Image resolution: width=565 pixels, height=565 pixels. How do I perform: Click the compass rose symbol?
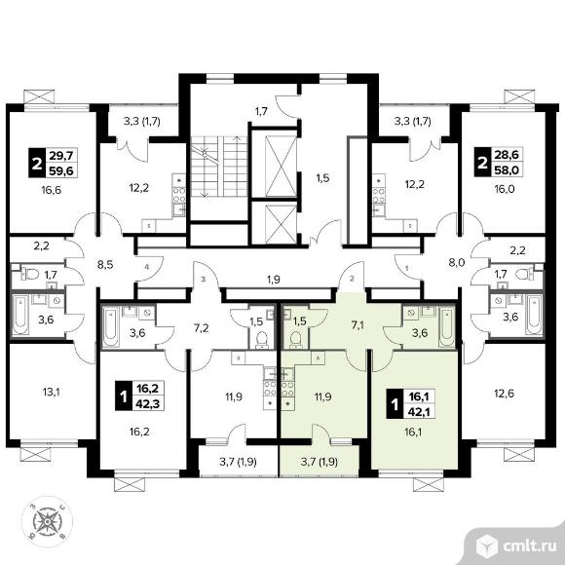(47, 521)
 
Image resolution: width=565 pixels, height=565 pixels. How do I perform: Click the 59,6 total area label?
(61, 170)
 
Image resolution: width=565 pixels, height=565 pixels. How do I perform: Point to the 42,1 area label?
(420, 411)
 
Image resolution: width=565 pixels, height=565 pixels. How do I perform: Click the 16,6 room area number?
(52, 190)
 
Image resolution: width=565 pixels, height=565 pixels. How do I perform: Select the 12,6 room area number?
(504, 394)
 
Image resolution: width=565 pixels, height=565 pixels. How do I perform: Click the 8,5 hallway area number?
(105, 265)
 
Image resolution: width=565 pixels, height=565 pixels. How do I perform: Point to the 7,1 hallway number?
(358, 326)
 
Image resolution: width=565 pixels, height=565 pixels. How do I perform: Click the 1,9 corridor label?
(274, 279)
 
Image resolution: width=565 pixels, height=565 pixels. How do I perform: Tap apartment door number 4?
(147, 267)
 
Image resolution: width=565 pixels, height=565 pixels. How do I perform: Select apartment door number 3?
(204, 279)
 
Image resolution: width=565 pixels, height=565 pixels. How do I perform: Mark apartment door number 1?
(407, 268)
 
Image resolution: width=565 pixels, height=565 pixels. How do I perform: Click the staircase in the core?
(219, 167)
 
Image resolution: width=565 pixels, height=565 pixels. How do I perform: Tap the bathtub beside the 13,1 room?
(20, 315)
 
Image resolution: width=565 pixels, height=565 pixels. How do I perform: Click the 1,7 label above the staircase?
(261, 111)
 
